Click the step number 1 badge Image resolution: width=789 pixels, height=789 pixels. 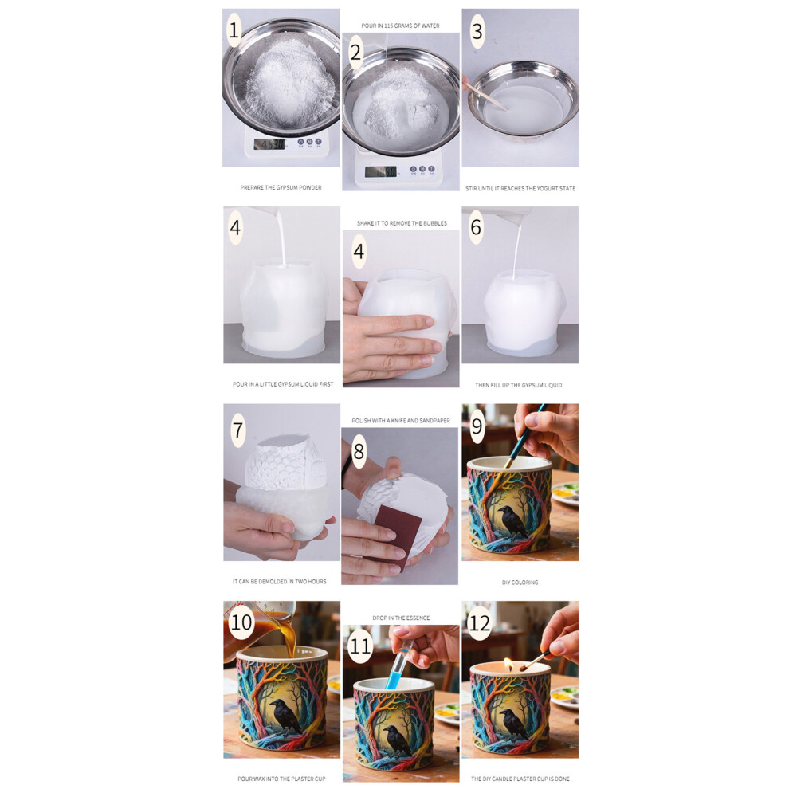(234, 30)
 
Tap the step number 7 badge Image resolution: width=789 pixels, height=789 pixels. (238, 430)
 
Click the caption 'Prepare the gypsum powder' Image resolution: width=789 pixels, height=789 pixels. (281, 188)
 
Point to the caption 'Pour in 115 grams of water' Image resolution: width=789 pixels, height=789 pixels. (401, 26)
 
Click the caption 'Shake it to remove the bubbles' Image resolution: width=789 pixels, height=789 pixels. (402, 223)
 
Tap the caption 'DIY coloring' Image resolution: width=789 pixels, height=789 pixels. (520, 583)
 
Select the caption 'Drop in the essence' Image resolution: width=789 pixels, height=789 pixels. (401, 618)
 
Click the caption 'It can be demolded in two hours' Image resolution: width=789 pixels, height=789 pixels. (279, 582)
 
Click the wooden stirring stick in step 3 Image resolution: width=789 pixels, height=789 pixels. (485, 96)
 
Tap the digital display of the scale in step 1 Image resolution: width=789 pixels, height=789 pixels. (269, 145)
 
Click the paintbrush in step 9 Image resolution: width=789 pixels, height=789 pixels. (526, 437)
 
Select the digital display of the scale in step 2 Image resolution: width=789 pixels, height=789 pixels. (381, 171)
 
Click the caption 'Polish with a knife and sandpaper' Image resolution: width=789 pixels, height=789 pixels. (401, 421)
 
